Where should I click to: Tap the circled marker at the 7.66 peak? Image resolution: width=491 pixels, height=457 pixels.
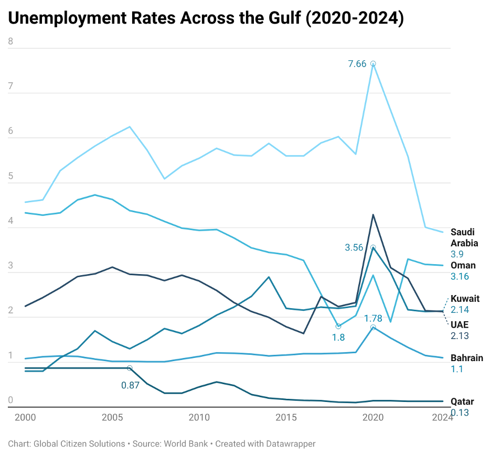(373, 63)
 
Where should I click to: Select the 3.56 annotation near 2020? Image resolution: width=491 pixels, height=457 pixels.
(354, 247)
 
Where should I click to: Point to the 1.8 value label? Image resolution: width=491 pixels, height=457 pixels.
(338, 338)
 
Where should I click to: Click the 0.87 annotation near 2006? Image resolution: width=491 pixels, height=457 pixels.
(130, 385)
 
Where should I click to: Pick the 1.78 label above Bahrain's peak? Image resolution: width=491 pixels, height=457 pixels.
(373, 318)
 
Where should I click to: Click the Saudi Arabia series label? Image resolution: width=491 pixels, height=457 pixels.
(464, 237)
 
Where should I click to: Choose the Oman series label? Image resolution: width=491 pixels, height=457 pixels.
(463, 265)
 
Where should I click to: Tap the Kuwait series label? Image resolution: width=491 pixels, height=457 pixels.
(465, 299)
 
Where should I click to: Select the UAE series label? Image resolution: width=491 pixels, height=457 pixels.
(460, 325)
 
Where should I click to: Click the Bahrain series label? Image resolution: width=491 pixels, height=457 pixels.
(466, 358)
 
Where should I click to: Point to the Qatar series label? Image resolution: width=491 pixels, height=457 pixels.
(462, 401)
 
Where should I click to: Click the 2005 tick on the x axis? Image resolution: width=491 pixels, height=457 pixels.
(112, 417)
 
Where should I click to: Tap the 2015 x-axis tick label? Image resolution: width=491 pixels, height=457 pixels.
(286, 417)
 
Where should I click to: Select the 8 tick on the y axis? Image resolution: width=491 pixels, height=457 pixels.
(10, 42)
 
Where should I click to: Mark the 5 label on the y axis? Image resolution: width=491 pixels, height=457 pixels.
(10, 177)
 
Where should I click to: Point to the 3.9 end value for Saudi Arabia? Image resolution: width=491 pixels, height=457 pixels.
(457, 254)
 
